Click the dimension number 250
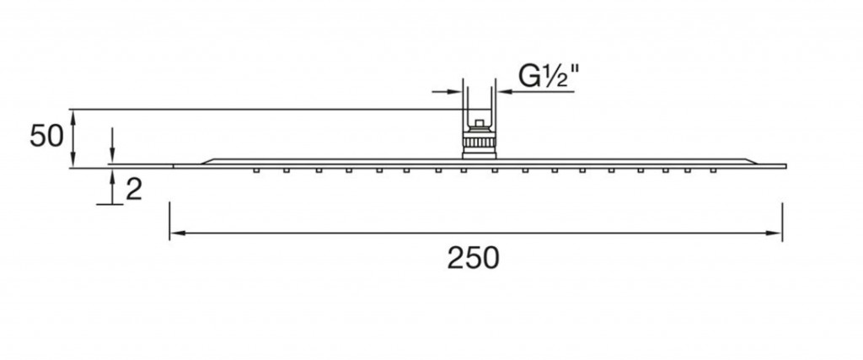(x=473, y=258)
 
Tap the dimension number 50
(x=47, y=136)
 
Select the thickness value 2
(x=134, y=190)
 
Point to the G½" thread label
(x=548, y=77)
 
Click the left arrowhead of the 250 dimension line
(x=177, y=234)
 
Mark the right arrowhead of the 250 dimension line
(x=774, y=234)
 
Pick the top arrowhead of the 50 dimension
(x=72, y=116)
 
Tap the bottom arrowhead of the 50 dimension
(x=72, y=161)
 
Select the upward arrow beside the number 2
(x=112, y=186)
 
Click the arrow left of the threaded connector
(x=447, y=92)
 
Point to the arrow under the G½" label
(x=535, y=92)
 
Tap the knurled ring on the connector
(x=480, y=144)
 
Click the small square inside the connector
(x=480, y=124)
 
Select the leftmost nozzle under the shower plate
(x=256, y=170)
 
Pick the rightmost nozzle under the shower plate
(x=713, y=170)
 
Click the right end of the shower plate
(x=786, y=166)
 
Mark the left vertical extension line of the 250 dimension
(x=169, y=221)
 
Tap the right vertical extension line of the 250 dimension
(x=782, y=221)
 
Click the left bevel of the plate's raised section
(x=206, y=161)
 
